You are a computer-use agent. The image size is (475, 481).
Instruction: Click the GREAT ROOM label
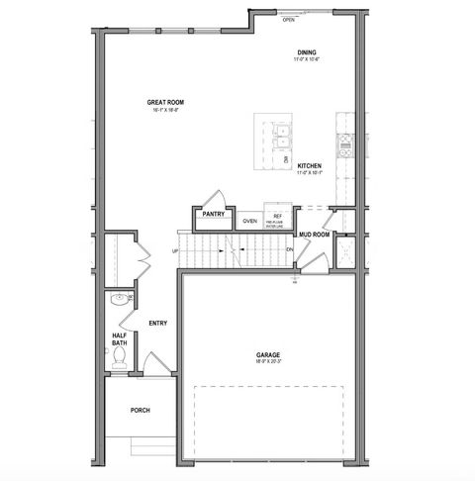point(166,102)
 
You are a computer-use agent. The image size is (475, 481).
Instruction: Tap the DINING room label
point(307,52)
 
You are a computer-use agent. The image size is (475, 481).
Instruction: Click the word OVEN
point(250,221)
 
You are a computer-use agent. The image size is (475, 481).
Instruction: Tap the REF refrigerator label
point(278,215)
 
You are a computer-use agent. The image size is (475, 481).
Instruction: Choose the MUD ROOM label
point(314,235)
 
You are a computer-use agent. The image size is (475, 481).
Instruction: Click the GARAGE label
point(268,354)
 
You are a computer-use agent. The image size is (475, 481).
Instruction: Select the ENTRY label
point(157,323)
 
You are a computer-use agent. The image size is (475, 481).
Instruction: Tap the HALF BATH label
point(118,339)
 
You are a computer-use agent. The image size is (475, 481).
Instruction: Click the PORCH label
point(140,410)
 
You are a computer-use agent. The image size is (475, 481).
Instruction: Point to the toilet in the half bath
point(120,356)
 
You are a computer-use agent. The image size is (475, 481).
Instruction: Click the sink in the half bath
point(119,299)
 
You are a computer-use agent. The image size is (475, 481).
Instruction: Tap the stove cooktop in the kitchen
point(345,146)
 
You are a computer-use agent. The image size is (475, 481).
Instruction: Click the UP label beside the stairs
point(175,250)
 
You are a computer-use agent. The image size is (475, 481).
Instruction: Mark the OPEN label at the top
point(289,19)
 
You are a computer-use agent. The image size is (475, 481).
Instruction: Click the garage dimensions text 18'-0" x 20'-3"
point(268,362)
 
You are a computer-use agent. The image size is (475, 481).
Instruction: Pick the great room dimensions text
point(166,110)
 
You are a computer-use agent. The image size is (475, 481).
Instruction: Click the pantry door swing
point(209,197)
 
